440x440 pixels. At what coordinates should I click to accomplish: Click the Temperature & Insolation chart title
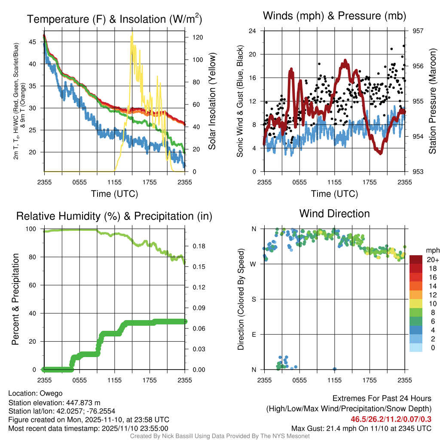114,19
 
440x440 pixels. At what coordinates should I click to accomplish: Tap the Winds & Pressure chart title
335,16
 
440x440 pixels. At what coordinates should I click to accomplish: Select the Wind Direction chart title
334,214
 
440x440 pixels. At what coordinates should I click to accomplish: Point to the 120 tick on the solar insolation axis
192,37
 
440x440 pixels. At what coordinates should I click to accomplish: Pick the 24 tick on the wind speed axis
253,31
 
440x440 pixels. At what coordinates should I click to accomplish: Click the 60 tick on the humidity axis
34,285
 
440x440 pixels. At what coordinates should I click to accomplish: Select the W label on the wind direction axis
254,264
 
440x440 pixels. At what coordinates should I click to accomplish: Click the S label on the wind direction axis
254,299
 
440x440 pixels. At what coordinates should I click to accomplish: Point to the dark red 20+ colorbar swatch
416,260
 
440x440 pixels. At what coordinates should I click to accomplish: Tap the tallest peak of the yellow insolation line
132,32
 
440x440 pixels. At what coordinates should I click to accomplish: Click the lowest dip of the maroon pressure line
380,153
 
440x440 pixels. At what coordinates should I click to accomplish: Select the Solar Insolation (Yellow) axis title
212,101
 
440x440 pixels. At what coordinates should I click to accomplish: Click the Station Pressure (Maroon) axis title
433,101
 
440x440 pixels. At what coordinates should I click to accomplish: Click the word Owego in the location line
51,393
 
